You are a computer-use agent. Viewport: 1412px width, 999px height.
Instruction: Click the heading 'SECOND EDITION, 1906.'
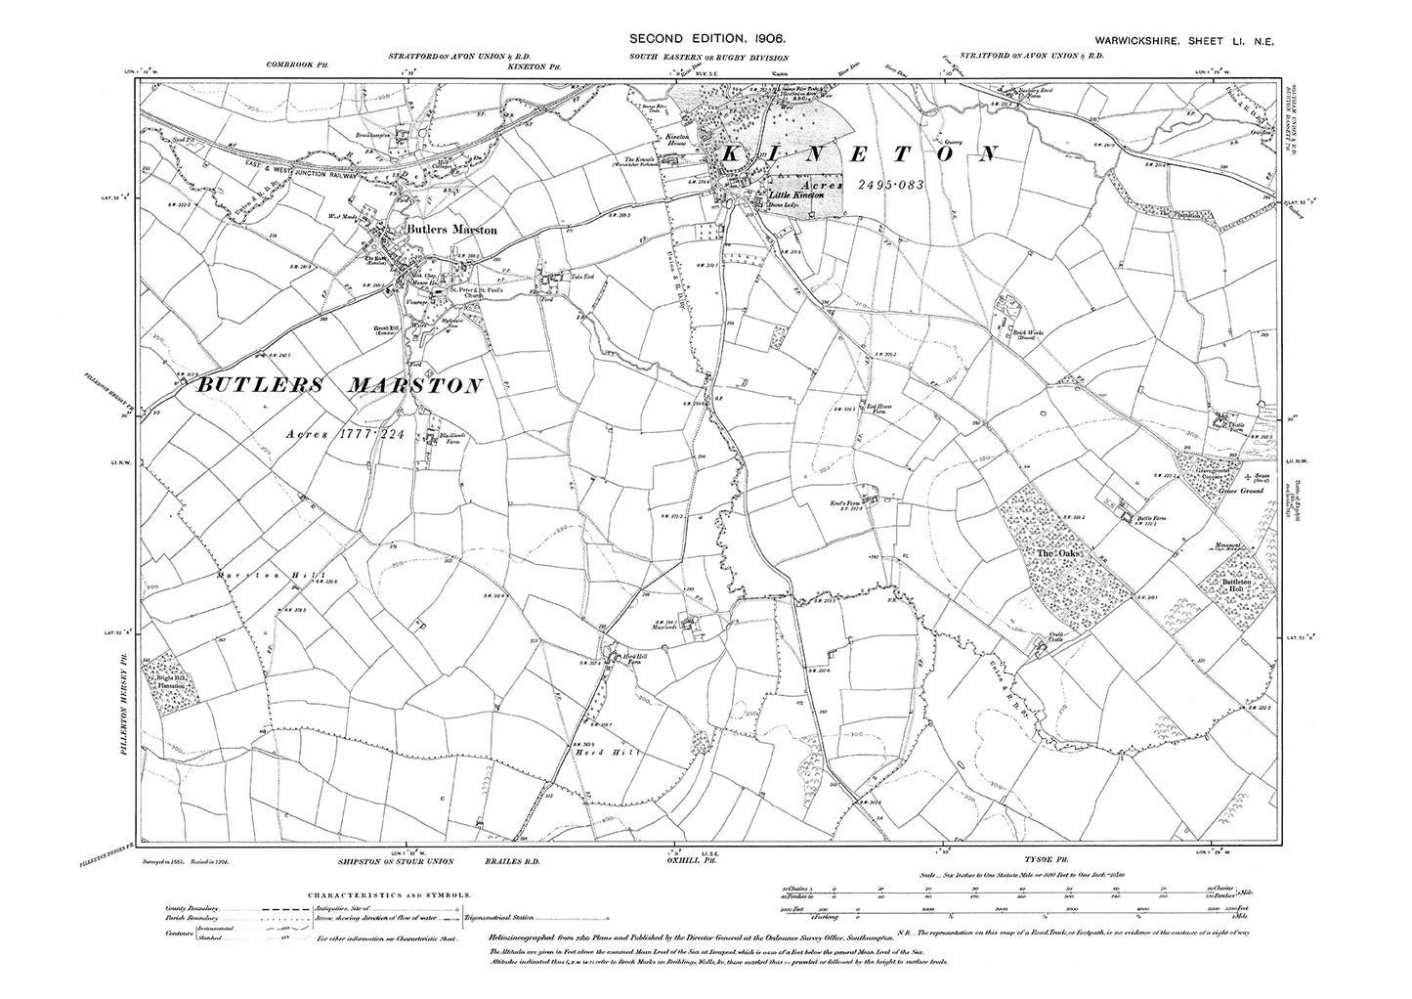[706, 38]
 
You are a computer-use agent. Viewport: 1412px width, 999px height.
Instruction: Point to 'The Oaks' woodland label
[1058, 555]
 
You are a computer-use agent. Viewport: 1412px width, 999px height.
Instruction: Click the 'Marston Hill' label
[255, 576]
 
